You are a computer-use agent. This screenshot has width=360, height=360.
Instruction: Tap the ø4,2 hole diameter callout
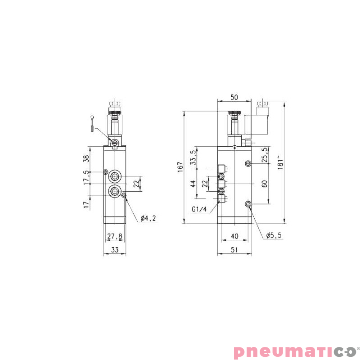click(x=148, y=219)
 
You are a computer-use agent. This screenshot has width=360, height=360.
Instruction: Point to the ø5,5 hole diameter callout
click(x=274, y=235)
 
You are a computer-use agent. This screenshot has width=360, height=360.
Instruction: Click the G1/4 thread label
click(x=198, y=209)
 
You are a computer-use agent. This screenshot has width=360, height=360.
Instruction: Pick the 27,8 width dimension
click(x=114, y=236)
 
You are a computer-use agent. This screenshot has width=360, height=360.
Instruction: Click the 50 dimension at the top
click(x=234, y=97)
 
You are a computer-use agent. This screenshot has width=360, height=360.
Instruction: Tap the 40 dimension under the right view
click(x=234, y=236)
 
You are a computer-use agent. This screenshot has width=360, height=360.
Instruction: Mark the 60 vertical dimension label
click(x=265, y=184)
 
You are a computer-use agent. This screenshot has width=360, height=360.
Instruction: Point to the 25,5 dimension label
click(x=265, y=155)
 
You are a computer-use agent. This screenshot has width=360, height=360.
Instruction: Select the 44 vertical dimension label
click(x=193, y=184)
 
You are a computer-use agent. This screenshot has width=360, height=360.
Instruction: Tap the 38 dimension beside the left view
click(x=86, y=158)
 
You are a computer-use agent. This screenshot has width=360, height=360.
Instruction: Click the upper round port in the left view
click(x=115, y=175)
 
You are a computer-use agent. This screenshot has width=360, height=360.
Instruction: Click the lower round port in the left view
click(x=115, y=191)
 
